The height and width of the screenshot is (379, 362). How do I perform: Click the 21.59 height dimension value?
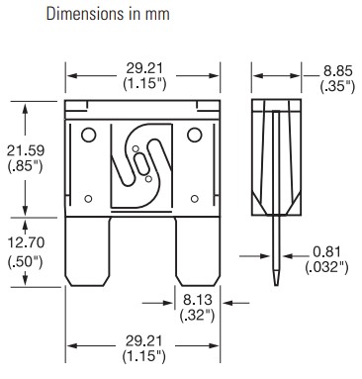(x=26, y=150)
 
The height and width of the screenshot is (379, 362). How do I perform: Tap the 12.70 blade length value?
(x=26, y=242)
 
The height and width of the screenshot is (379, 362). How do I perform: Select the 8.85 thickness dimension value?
(x=337, y=71)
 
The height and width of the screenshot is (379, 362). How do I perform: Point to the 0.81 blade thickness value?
(x=326, y=252)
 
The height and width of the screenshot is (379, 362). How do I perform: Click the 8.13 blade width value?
(x=198, y=300)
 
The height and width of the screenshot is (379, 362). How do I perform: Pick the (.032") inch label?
(x=326, y=267)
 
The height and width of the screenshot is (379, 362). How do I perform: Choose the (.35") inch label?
(x=337, y=86)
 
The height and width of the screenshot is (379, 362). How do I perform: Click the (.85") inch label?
(x=26, y=166)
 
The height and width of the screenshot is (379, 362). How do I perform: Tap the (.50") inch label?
(x=26, y=262)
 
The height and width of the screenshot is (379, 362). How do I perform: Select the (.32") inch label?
(x=198, y=316)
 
